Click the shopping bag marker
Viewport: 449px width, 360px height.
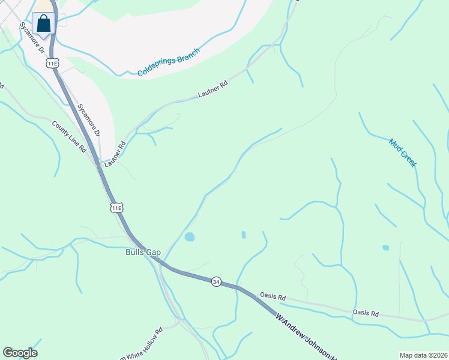(44, 24)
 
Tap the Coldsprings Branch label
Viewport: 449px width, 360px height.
(168, 62)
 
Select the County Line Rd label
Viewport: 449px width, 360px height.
(69, 137)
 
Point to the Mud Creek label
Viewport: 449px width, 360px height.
(402, 152)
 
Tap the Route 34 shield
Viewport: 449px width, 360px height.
(216, 281)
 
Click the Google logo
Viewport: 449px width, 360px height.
(20, 353)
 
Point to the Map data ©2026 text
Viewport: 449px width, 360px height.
(423, 355)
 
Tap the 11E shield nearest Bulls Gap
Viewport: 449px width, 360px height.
(116, 208)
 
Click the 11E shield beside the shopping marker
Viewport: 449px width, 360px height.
(53, 63)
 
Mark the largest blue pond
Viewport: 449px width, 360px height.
(190, 237)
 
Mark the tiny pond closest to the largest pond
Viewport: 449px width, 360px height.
(243, 235)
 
